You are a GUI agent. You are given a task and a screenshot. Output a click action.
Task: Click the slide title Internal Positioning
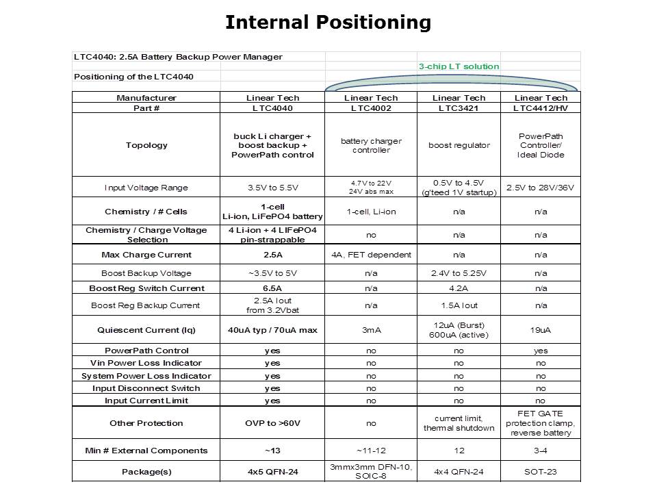(328, 23)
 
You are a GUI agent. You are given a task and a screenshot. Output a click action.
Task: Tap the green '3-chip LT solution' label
(459, 66)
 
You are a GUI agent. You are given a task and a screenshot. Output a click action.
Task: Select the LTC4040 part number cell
(272, 108)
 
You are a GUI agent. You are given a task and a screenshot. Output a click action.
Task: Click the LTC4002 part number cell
(371, 108)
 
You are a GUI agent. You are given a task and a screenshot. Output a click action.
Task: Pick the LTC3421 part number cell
(459, 108)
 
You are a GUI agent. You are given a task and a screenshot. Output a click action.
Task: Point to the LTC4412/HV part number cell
(541, 108)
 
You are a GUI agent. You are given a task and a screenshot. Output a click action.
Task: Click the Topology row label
(146, 145)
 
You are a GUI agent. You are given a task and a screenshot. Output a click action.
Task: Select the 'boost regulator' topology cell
(459, 145)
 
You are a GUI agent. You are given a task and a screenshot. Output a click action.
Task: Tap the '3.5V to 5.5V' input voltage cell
(272, 188)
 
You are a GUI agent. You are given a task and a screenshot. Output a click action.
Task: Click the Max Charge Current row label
(146, 255)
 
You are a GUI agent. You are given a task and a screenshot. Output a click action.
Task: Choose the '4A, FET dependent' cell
(371, 255)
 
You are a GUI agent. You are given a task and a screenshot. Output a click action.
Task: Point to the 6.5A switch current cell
(272, 288)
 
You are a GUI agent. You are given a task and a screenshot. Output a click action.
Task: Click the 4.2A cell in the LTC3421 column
(459, 288)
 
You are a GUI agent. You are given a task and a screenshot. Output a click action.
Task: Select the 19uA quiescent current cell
(541, 330)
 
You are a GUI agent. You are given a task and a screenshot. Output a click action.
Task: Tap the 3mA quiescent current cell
(371, 330)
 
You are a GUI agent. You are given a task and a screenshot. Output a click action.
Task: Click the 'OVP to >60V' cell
(272, 423)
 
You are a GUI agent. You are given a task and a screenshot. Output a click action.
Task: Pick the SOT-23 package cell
(541, 472)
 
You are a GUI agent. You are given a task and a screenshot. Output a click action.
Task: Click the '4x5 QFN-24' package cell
(272, 472)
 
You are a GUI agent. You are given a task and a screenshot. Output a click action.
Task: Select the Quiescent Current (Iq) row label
(146, 330)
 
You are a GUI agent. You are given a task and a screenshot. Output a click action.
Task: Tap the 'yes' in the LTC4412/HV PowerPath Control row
(541, 351)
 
